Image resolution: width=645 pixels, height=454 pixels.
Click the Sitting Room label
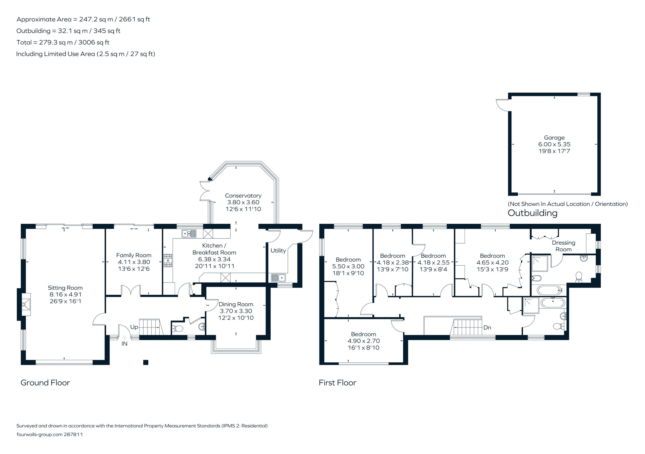point(65,288)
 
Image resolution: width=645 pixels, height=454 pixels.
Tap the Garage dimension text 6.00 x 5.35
point(554,144)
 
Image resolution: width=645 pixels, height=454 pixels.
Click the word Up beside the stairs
point(134,327)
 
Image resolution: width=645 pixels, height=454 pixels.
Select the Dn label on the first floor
point(487,328)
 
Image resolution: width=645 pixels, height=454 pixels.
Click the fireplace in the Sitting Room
point(26,305)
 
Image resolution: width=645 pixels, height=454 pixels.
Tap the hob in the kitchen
point(168,260)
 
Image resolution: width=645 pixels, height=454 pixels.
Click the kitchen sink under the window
point(189,234)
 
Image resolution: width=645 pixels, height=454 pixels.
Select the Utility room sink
point(278,278)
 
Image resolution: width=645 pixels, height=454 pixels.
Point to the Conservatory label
point(243,195)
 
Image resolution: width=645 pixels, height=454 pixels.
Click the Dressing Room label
point(563,246)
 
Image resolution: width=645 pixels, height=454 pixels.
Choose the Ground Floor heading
point(45,383)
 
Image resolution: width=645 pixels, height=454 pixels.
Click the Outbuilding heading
point(532,213)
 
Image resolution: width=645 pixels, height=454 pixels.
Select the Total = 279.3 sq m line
point(63,42)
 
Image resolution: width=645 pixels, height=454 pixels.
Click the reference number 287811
point(73,434)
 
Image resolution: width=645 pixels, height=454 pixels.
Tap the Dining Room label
point(236,304)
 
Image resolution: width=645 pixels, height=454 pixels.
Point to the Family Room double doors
point(131,290)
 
